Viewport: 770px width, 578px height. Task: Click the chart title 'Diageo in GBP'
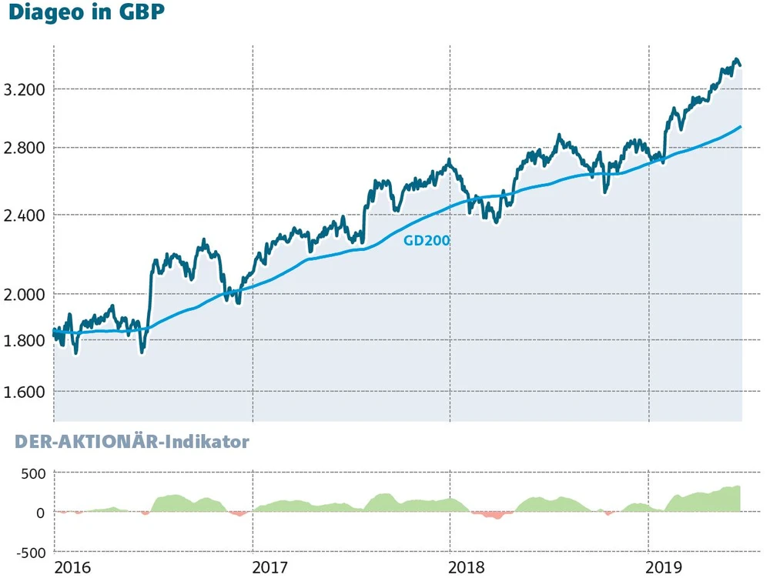coord(86,14)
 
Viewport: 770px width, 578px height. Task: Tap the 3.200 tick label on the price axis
coord(25,89)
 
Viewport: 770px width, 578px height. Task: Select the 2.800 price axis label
coord(25,148)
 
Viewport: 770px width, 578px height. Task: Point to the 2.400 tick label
coord(25,215)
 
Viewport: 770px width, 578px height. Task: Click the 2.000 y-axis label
coord(25,294)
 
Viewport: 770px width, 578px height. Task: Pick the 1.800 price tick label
coord(25,340)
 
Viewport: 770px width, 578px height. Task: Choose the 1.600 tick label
coord(25,392)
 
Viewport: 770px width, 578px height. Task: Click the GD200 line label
coord(427,240)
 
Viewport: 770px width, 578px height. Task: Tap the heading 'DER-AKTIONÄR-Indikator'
coord(128,443)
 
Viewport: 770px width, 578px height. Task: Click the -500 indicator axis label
coord(29,552)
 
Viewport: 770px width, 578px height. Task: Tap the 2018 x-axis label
coord(468,568)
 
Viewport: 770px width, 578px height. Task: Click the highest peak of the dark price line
coord(736,59)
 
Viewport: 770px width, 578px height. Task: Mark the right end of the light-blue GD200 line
coord(740,127)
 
